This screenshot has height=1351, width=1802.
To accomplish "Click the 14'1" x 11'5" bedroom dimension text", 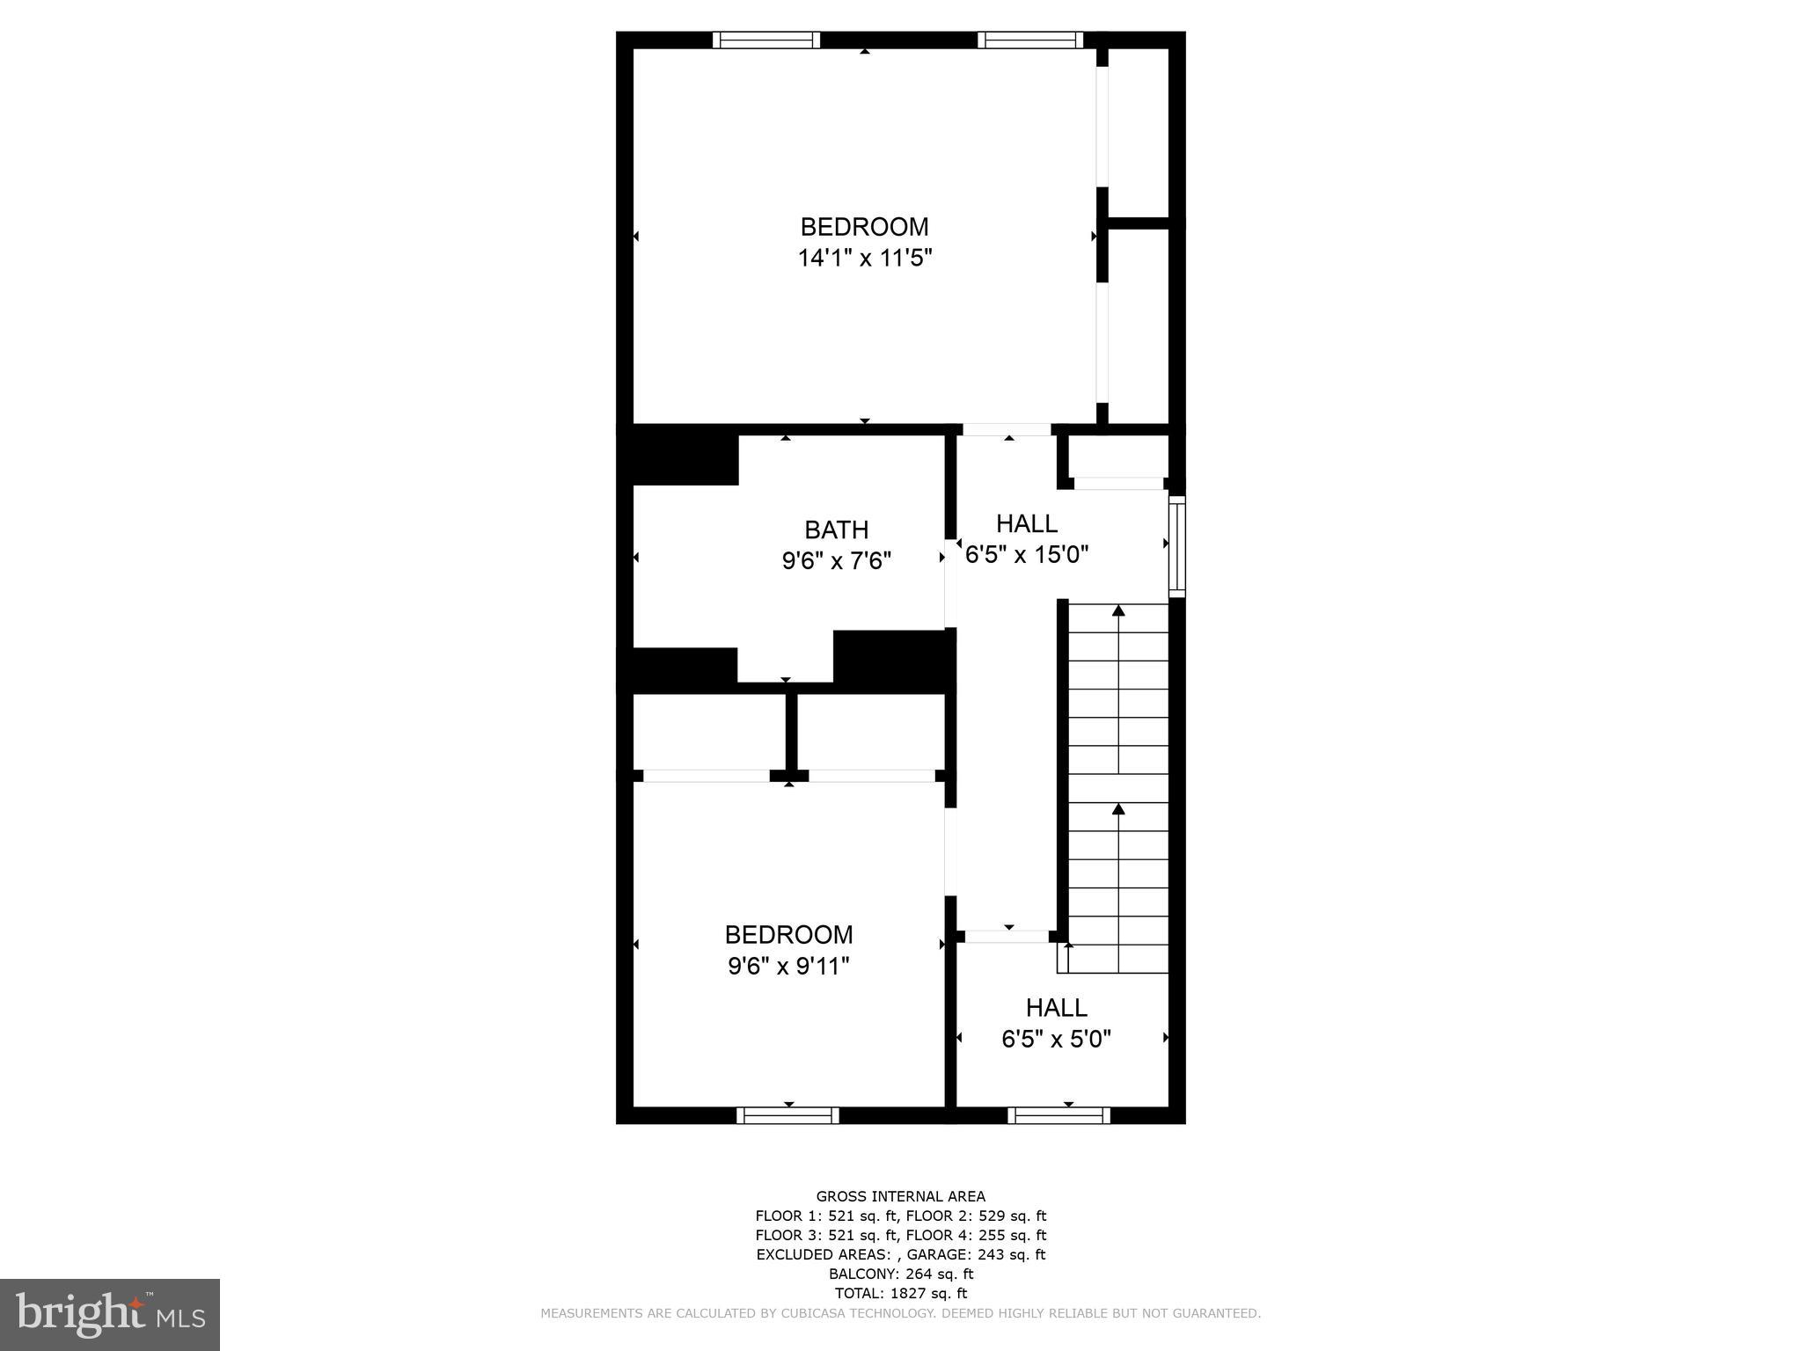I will [x=864, y=259].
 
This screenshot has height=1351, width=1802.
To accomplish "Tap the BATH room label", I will [x=836, y=529].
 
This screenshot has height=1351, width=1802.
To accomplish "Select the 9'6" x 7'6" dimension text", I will [x=837, y=561].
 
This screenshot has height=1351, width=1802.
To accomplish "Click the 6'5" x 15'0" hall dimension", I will [x=1027, y=555].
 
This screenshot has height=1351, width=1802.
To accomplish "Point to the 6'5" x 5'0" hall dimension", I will [x=1056, y=1040].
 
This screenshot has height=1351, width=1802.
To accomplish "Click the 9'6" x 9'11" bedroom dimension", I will [x=788, y=967].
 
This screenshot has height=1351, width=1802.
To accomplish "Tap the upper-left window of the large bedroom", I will [x=765, y=40].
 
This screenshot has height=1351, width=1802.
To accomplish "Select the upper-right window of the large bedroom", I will [x=1030, y=40].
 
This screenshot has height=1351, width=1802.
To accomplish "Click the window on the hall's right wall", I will [x=1176, y=546].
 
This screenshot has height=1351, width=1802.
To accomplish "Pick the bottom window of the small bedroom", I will [x=787, y=1115].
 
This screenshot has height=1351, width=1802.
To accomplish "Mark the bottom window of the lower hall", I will [x=1058, y=1115].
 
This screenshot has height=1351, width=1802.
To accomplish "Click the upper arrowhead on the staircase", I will [x=1118, y=610].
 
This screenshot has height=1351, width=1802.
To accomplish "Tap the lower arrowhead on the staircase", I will [x=1118, y=807].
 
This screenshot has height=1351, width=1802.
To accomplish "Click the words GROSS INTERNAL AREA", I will [x=900, y=1196].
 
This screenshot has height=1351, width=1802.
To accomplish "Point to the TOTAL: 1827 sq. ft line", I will [x=900, y=1293].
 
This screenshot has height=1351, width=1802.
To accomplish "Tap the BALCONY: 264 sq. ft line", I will [x=900, y=1274].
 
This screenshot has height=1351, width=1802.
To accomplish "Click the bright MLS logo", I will [x=109, y=1314].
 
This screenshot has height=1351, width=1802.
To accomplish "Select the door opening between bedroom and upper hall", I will [x=1007, y=430].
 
